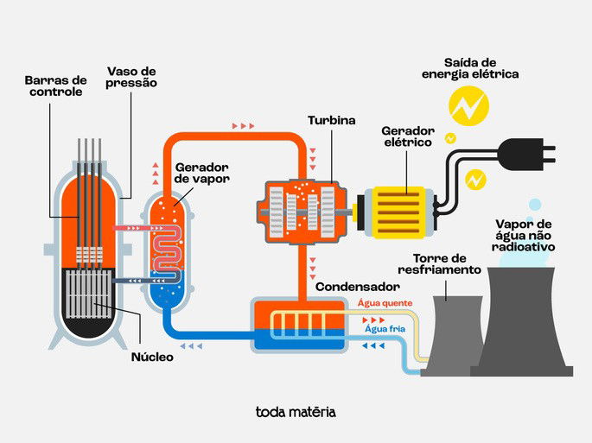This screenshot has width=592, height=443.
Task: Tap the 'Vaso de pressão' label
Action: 132,77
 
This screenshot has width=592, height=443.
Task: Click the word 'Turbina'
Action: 332,121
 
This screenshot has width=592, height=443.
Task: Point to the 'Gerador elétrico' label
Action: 406,136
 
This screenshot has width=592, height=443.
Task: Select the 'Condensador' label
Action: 357,286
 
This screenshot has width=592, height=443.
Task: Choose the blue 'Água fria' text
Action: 385,329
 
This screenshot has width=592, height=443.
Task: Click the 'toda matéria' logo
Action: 296,412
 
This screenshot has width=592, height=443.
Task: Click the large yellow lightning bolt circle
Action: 468,106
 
